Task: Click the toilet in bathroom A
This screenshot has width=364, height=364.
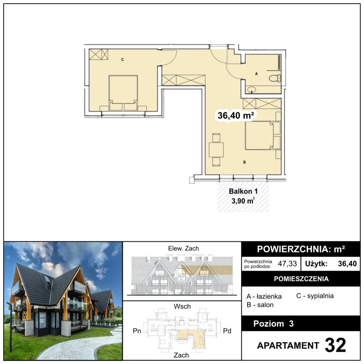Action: click(x=275, y=78)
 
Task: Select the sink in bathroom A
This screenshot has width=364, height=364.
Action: click(x=251, y=89)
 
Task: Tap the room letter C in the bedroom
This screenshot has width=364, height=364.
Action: click(x=123, y=60)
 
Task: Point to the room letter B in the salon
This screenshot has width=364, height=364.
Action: click(x=245, y=162)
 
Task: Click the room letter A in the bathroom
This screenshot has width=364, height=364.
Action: click(x=256, y=74)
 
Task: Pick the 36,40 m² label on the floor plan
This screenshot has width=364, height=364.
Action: click(x=236, y=116)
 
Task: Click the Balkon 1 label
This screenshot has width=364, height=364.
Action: click(x=243, y=191)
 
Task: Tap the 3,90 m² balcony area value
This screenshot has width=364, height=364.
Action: click(x=243, y=200)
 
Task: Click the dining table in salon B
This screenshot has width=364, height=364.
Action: click(x=216, y=150)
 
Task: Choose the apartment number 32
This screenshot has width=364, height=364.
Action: click(x=335, y=345)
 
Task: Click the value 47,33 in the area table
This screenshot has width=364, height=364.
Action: click(x=287, y=264)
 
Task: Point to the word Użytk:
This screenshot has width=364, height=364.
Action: click(x=316, y=264)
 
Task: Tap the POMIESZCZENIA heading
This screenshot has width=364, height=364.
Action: click(x=301, y=279)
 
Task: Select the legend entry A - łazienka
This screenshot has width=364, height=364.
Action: click(x=264, y=296)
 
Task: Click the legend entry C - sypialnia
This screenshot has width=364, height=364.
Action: click(x=315, y=296)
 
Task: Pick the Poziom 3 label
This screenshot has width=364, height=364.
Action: click(x=273, y=323)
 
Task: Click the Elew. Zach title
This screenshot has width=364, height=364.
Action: click(x=183, y=248)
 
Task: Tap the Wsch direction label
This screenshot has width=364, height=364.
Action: click(x=182, y=306)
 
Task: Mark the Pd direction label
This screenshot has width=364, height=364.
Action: click(x=227, y=331)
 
